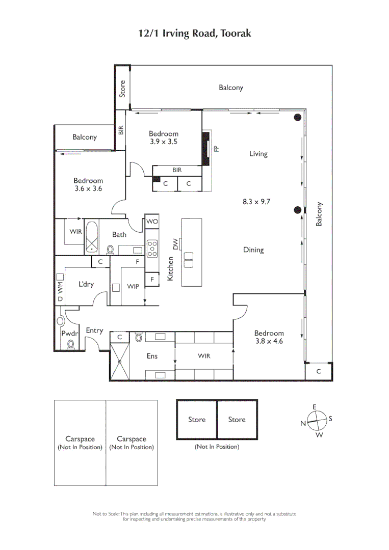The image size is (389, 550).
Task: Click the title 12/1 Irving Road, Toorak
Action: (x=195, y=34)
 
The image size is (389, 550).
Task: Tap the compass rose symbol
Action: (x=316, y=421)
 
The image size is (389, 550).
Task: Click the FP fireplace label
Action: (x=216, y=149)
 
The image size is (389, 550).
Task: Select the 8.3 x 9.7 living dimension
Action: (x=256, y=201)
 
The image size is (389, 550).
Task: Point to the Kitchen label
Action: (x=171, y=268)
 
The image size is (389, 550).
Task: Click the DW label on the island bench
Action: (x=176, y=244)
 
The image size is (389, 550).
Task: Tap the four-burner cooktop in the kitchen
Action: (x=152, y=248)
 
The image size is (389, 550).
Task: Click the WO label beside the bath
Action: (x=152, y=222)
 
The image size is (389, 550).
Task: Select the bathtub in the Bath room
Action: (x=92, y=237)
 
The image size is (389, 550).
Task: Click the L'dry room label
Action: (x=86, y=284)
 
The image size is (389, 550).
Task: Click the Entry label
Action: (x=94, y=331)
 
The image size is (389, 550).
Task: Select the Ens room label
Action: (x=152, y=356)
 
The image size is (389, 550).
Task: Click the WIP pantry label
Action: (x=133, y=287)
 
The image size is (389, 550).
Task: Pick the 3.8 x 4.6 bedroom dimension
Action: (x=269, y=341)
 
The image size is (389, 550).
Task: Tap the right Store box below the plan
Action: (x=237, y=420)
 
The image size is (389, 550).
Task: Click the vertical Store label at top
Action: (x=122, y=89)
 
